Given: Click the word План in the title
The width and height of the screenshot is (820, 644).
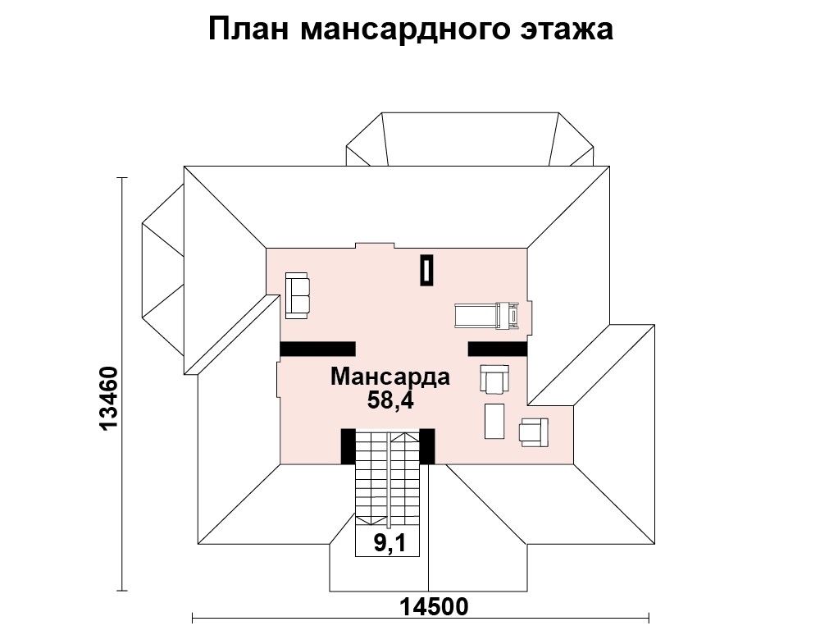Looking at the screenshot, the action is click(x=248, y=30).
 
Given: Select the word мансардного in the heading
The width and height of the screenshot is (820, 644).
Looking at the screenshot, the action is click(x=405, y=30).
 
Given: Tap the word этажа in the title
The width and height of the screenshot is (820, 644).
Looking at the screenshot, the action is click(x=567, y=30).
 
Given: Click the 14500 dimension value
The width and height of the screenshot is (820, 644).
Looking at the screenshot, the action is click(x=435, y=607).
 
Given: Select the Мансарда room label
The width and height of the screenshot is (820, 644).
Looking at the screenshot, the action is click(x=390, y=377).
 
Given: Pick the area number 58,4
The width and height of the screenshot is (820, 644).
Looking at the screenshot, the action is click(x=390, y=400).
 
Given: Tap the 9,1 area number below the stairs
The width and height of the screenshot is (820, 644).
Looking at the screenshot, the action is click(x=389, y=544).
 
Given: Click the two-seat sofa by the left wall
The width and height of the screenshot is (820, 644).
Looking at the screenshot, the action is click(x=298, y=295).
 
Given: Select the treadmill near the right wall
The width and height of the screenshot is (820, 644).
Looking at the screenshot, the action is click(x=487, y=316).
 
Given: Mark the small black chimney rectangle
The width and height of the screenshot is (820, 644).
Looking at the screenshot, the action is click(x=427, y=270).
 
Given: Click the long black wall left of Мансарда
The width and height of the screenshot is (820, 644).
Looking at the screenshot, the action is click(x=317, y=349).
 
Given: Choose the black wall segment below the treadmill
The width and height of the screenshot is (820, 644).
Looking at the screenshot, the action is click(x=498, y=349).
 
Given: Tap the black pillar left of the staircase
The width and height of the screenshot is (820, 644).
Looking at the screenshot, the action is click(x=348, y=446).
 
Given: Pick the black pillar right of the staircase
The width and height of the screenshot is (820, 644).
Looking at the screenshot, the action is click(x=427, y=446).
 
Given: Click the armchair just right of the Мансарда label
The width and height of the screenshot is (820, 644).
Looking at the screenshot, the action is click(x=494, y=379).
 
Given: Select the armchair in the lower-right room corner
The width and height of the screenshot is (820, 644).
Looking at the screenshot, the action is click(x=534, y=432).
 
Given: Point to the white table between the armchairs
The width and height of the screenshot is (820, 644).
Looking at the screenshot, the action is click(x=494, y=421).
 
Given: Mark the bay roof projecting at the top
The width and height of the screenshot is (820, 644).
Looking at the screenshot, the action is click(x=470, y=139).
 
